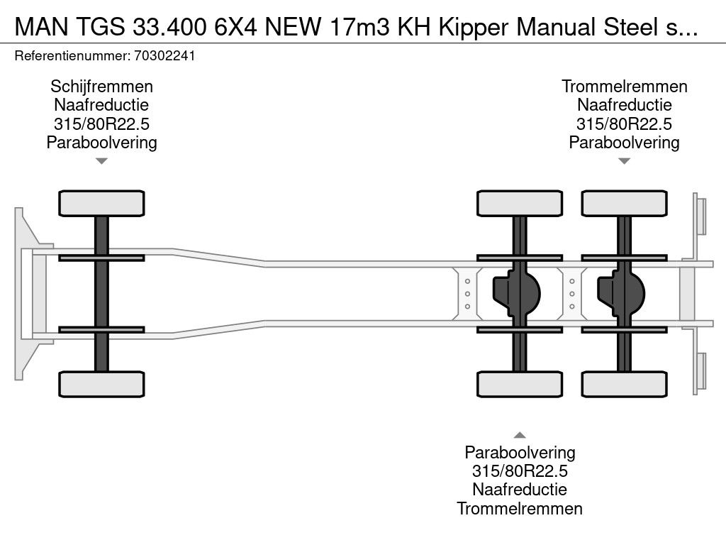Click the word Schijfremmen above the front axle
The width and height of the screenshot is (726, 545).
coord(101,87)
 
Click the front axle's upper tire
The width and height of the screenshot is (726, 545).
coord(101,204)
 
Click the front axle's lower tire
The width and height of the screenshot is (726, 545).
coord(101,385)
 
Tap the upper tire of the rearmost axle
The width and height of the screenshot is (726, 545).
coord(624,204)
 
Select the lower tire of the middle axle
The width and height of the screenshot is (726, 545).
coord(520,385)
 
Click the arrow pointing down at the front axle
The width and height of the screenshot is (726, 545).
coord(101,161)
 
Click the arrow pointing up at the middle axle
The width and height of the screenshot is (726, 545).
coord(520,435)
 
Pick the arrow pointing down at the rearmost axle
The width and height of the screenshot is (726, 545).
coord(624,161)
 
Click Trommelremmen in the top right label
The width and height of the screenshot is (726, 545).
coord(624,87)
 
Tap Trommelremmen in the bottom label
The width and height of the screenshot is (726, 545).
coord(520,508)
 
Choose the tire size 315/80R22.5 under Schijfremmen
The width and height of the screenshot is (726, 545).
coord(101,124)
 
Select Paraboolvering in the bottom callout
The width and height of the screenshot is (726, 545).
coord(520,452)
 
